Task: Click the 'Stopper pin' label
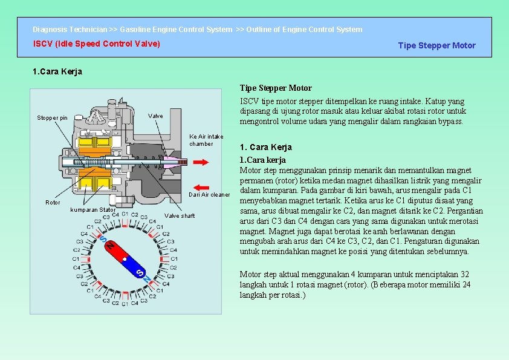click(52, 118)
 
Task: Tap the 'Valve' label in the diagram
click(155, 116)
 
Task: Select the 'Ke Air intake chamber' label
click(206, 140)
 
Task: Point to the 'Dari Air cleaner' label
click(210, 195)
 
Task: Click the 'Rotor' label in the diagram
click(53, 202)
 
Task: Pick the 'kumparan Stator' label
click(93, 210)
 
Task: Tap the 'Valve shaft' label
click(180, 216)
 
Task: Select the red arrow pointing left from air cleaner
click(201, 188)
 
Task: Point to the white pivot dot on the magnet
click(125, 261)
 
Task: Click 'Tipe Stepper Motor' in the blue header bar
click(436, 45)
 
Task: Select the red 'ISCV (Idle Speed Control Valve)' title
click(97, 44)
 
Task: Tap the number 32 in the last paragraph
click(464, 274)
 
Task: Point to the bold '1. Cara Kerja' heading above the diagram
click(57, 71)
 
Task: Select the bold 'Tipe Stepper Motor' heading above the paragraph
click(276, 88)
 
